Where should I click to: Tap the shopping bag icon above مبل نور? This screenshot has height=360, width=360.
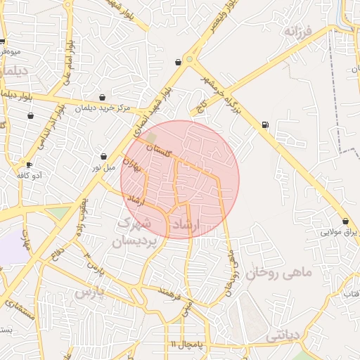(x=104, y=157)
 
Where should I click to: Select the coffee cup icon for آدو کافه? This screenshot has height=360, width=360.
(x=29, y=165)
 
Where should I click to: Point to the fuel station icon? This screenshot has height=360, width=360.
(x=264, y=125)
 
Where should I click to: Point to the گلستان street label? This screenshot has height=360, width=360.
(x=159, y=149)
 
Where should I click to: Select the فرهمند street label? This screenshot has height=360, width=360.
(x=171, y=291)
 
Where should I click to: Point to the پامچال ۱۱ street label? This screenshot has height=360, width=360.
(x=186, y=344)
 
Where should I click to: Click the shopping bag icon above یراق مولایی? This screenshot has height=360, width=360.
(x=345, y=221)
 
